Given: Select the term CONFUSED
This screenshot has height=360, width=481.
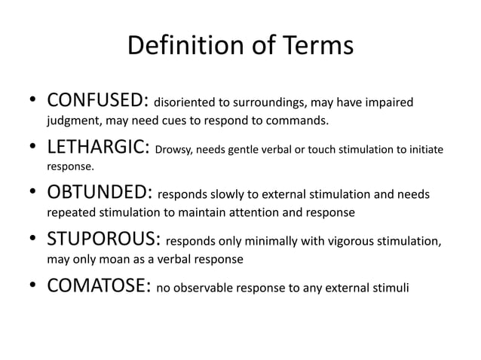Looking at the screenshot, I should tap(98, 101).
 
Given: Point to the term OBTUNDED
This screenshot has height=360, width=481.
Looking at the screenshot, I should tap(98, 194).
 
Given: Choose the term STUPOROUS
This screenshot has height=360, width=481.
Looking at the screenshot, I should tap(103, 241).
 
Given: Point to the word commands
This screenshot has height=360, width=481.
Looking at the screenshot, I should tap(300, 121).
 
